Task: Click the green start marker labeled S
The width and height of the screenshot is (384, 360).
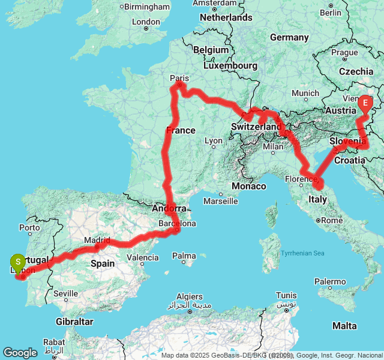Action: (x=18, y=262)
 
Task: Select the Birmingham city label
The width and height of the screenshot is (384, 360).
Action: (x=148, y=7)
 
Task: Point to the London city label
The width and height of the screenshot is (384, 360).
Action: (x=146, y=22)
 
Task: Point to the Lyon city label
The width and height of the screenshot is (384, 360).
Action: (x=213, y=141)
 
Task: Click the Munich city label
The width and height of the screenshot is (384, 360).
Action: (x=305, y=93)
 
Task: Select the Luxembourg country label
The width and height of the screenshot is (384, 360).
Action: (x=230, y=65)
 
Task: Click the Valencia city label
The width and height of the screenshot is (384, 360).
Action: (x=143, y=258)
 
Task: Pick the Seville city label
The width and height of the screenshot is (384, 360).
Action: (x=65, y=293)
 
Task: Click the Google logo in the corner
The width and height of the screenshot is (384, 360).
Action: (x=20, y=353)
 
